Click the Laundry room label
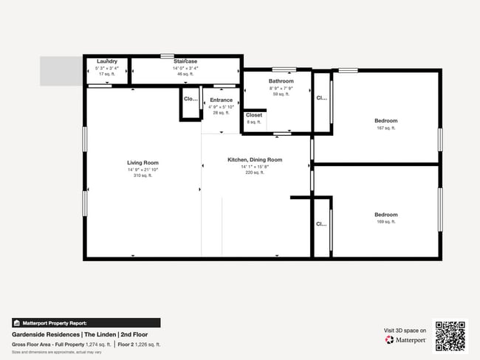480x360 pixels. click(107, 61)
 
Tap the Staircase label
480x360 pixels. click(185, 61)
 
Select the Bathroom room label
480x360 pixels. click(281, 81)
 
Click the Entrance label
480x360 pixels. click(221, 100)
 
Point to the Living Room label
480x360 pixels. click(143, 163)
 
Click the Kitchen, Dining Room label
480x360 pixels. click(255, 160)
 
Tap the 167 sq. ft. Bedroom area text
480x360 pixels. click(385, 128)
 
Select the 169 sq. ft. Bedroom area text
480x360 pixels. click(385, 221)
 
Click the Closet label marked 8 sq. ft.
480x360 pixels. click(254, 115)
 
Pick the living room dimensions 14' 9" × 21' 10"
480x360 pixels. click(143, 170)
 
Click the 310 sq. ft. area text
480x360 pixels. click(143, 176)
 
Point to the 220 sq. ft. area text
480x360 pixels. click(255, 172)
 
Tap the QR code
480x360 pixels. click(450, 336)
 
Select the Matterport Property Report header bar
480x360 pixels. click(86, 323)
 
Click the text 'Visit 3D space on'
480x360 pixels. click(405, 330)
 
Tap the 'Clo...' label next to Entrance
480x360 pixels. click(190, 99)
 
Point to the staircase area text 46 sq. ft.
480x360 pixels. click(185, 74)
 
